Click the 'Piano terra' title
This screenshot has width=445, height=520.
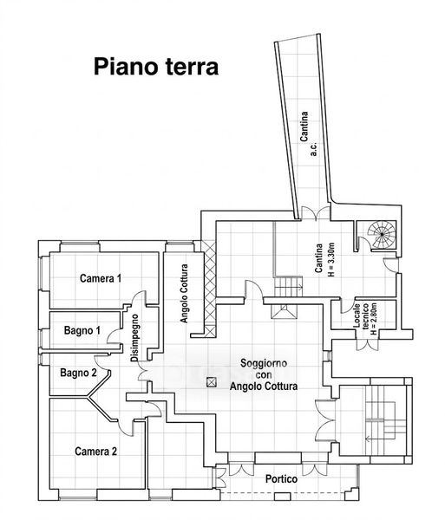(156, 67)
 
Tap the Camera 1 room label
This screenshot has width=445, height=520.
(101, 278)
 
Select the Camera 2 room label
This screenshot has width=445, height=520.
(96, 452)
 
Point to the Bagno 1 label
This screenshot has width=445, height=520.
(82, 330)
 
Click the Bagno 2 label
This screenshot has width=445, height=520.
(78, 373)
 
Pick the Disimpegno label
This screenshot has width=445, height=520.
(134, 338)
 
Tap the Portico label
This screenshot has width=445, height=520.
(281, 479)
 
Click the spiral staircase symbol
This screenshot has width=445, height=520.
(382, 234)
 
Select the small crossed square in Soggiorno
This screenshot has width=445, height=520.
(211, 382)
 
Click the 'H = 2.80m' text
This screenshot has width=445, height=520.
(374, 319)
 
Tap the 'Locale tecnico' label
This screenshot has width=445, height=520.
(361, 316)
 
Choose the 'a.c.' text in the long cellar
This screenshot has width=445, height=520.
(314, 149)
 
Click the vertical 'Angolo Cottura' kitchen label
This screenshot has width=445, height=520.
(184, 294)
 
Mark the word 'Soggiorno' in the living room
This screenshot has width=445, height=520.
(264, 363)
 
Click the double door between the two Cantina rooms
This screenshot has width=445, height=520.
(316, 213)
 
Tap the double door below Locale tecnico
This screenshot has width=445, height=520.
(367, 345)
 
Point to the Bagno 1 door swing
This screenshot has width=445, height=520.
(114, 337)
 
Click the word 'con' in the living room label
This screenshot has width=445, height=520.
(264, 374)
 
